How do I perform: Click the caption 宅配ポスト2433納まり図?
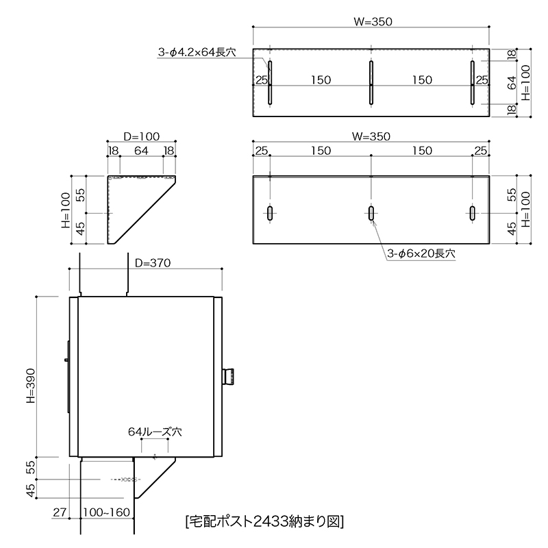click(265, 521)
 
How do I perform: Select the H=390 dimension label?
click(31, 386)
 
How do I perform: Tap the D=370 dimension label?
click(153, 263)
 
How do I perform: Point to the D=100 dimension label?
click(142, 136)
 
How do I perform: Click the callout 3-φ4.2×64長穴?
click(197, 53)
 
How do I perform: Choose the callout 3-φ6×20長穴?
click(421, 253)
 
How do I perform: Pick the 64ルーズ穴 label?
click(155, 432)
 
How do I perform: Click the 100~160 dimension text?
click(107, 512)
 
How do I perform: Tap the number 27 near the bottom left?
click(60, 512)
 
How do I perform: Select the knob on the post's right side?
click(228, 376)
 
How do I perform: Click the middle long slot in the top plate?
click(371, 83)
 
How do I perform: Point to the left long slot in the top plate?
click(270, 83)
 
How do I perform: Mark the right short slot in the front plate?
click(473, 213)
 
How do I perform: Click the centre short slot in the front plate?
click(371, 213)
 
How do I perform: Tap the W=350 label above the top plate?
click(373, 22)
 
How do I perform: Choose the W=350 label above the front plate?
click(371, 136)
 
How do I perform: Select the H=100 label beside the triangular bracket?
click(66, 210)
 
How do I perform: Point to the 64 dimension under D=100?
click(141, 151)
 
